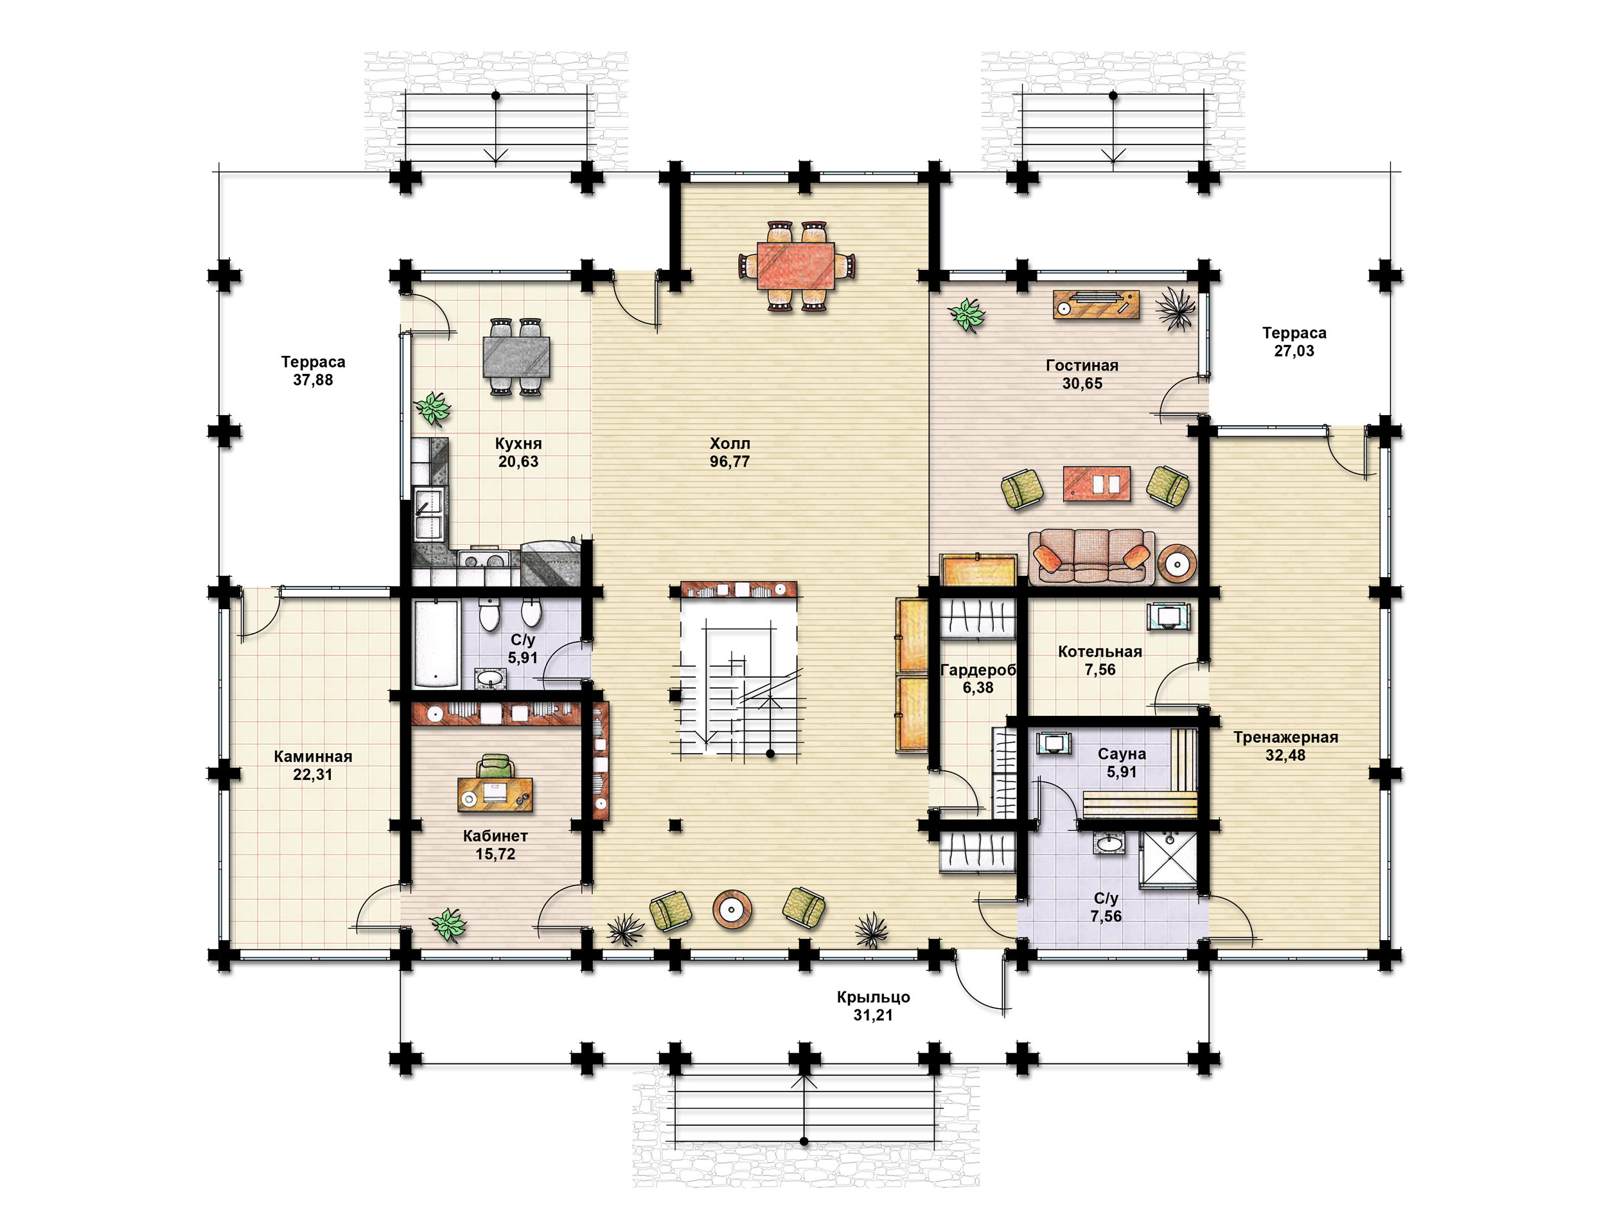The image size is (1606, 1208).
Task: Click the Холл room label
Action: click(730, 443)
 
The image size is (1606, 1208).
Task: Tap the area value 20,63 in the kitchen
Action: click(518, 461)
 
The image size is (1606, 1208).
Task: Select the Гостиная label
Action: click(1082, 366)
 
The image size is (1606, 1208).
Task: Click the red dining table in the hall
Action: click(796, 266)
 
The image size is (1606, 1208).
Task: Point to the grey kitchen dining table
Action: click(516, 357)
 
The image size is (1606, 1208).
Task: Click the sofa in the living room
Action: click(1091, 556)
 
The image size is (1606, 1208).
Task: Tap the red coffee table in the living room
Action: click(1097, 484)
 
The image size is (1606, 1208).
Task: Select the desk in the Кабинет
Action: click(495, 794)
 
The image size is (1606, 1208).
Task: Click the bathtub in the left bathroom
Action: click(436, 644)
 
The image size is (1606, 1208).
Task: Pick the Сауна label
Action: click(1122, 754)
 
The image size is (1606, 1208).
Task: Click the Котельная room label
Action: click(1100, 652)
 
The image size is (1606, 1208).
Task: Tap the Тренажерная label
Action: click(1285, 737)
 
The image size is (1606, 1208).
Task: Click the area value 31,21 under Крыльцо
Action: click(872, 1015)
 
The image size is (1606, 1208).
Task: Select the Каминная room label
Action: click(313, 756)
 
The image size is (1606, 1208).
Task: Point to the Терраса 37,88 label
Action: click(313, 371)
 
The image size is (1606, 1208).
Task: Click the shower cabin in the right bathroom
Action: click(1167, 859)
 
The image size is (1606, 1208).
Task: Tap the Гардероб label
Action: click(978, 670)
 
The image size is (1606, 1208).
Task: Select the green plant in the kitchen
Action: click(434, 408)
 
